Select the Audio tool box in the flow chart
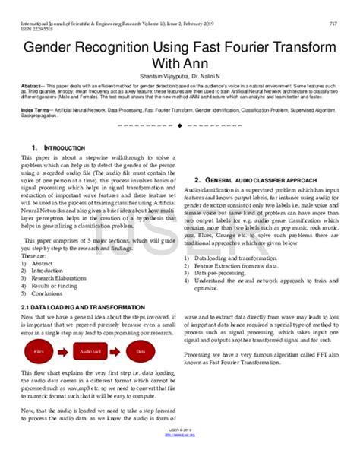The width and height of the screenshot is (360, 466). coord(90,353)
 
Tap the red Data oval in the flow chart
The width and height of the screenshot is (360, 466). coord(140,353)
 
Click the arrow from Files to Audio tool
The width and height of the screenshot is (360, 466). coord(65,353)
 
